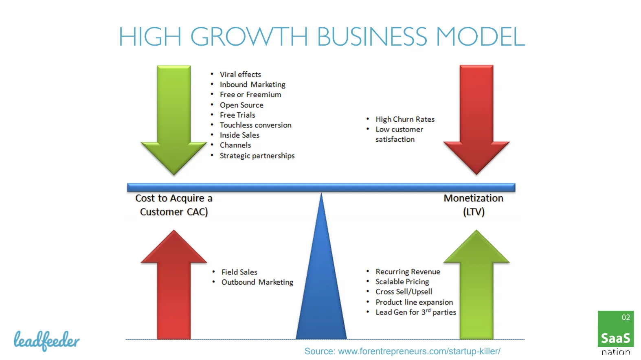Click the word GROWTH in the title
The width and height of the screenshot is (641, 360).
pos(249,36)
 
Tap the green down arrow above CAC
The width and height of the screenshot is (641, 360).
pos(174,120)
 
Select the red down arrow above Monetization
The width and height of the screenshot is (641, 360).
pos(476,120)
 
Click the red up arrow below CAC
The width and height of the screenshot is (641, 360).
pos(174,284)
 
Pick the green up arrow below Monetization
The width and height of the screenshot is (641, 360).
pos(476,284)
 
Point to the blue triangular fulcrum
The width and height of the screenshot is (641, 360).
pos(321,266)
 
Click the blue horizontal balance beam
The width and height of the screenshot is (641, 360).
pos(321,187)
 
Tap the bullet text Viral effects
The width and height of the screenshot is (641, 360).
pos(240,75)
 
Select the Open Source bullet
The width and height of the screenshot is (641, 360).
pos(241,105)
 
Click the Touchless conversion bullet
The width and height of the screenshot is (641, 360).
pos(255,125)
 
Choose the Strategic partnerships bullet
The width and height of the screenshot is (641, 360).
pos(257,156)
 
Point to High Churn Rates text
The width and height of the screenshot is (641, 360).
pos(405,119)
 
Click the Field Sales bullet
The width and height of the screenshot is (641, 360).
pos(239,272)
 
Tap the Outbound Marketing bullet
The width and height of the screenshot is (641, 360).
pos(257,282)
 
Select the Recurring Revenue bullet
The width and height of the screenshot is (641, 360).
pos(408,272)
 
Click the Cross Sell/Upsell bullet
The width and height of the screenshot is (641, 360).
pos(404,292)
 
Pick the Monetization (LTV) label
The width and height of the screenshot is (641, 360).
pos(474,205)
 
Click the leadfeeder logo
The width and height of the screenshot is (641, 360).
pos(47,341)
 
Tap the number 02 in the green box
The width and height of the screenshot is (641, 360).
pos(626,317)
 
